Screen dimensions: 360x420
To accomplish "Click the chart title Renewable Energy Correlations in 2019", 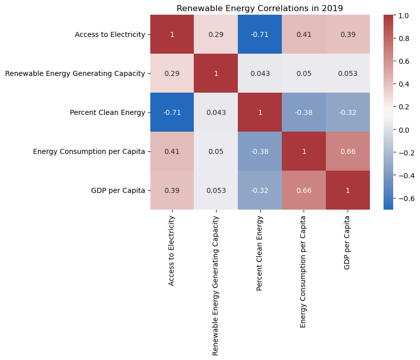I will pyautogui.click(x=260, y=8).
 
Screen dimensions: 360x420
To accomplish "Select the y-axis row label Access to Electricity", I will pyautogui.click(x=110, y=34).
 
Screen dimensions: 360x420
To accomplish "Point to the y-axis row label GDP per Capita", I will pyautogui.click(x=121, y=190).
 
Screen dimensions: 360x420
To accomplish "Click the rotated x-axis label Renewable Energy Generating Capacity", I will pyautogui.click(x=216, y=285).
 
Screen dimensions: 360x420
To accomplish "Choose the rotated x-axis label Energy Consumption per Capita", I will pyautogui.click(x=304, y=271).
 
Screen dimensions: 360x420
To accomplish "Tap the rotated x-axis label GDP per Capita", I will pyautogui.click(x=347, y=242).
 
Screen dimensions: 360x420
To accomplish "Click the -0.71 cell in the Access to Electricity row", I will pyautogui.click(x=260, y=34).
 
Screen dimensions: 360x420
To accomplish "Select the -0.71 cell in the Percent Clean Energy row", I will pyautogui.click(x=172, y=112).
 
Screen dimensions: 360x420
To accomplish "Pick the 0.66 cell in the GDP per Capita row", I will pyautogui.click(x=304, y=190).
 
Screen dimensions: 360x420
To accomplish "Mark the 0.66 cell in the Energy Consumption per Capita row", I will pyautogui.click(x=347, y=151).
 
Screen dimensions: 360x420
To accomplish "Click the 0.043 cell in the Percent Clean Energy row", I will pyautogui.click(x=216, y=112).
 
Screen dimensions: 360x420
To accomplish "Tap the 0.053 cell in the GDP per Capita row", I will pyautogui.click(x=216, y=190).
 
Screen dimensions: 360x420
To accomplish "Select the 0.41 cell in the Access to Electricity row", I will pyautogui.click(x=304, y=34).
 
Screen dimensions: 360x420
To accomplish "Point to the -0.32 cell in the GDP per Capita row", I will pyautogui.click(x=260, y=190).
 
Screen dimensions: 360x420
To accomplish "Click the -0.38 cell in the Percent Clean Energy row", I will pyautogui.click(x=304, y=112).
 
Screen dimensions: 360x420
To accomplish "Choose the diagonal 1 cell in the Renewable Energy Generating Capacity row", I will pyautogui.click(x=216, y=73).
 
